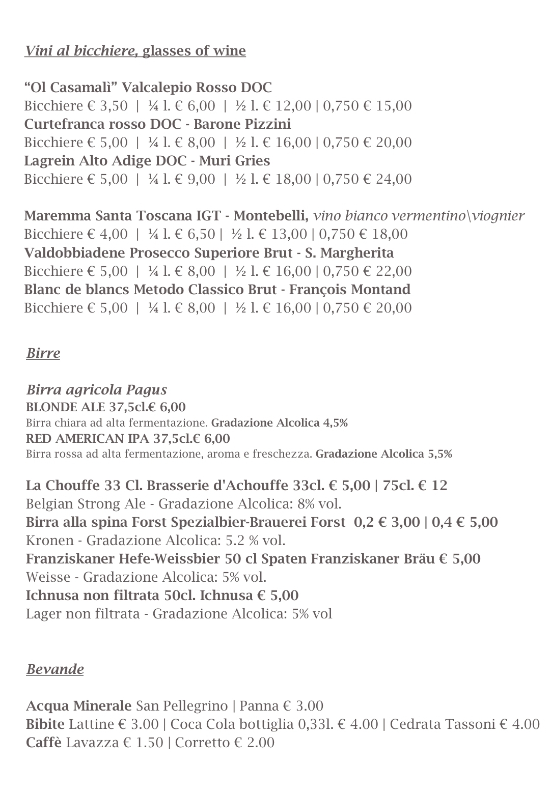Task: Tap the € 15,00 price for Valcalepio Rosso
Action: [x=387, y=106]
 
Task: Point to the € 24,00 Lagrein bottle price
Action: [x=387, y=179]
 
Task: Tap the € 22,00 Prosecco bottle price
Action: [x=387, y=271]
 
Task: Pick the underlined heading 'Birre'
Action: [x=43, y=353]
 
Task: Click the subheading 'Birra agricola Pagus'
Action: [x=97, y=390]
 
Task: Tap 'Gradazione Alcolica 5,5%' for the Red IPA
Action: [x=383, y=454]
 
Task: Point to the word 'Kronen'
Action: [x=51, y=541]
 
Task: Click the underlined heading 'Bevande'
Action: [x=55, y=669]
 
